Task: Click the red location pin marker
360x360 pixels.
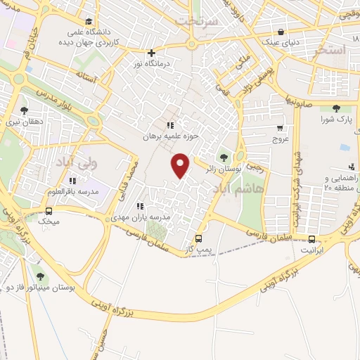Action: (181, 166)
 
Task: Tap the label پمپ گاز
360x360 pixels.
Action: (198, 250)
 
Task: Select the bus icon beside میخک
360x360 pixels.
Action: (49, 210)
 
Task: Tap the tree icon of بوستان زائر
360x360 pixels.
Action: (224, 157)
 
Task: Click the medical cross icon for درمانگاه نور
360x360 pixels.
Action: (151, 53)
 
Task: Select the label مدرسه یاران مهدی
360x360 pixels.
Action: (139, 218)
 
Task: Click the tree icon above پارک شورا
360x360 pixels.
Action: (335, 108)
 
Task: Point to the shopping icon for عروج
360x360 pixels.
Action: (280, 129)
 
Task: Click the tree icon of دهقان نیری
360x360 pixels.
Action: (25, 110)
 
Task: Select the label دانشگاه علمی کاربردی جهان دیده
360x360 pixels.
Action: (86, 37)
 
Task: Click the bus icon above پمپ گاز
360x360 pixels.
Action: (199, 238)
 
